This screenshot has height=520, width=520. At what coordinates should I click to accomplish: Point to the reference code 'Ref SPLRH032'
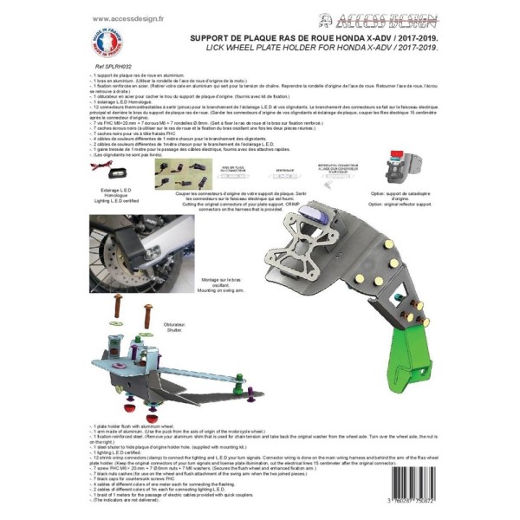(110, 66)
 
